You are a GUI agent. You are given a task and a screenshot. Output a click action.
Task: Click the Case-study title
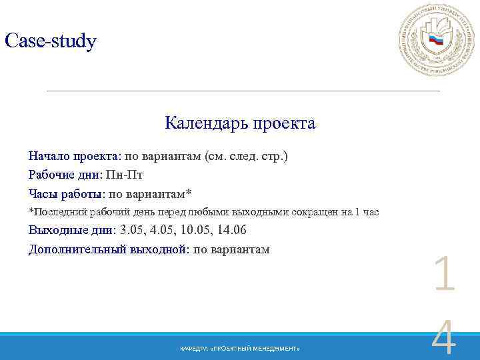click(51, 41)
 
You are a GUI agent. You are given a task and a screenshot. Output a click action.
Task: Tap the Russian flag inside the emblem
click(436, 41)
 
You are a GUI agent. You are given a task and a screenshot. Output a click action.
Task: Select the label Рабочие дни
click(64, 175)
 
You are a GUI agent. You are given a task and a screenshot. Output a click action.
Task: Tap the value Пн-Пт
click(125, 175)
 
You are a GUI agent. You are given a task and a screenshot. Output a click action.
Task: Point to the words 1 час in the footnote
click(367, 213)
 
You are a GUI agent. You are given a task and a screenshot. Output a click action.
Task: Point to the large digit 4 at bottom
click(444, 340)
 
